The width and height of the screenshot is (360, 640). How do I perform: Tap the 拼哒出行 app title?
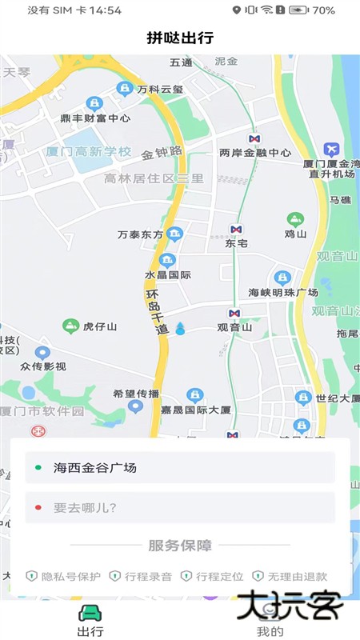[x=180, y=38]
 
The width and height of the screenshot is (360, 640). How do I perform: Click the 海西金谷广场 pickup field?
[x=180, y=467]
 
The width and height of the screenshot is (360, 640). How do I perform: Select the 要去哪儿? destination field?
[x=180, y=507]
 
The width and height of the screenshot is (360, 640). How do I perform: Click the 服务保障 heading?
[x=180, y=546]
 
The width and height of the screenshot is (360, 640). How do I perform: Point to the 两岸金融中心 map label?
[x=254, y=153]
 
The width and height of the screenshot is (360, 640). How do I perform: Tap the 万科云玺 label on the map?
[x=160, y=90]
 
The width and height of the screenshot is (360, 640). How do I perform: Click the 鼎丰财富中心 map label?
[x=95, y=118]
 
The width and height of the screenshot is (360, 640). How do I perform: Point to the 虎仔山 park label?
[x=100, y=326]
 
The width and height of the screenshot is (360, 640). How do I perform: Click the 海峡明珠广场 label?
[x=283, y=292]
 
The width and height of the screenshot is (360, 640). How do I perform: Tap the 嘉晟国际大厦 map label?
[x=195, y=410]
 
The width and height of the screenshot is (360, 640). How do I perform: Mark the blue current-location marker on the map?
[x=180, y=328]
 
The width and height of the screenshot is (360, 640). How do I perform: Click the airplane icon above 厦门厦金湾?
[x=331, y=149]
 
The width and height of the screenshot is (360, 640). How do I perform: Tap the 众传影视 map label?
[x=43, y=366]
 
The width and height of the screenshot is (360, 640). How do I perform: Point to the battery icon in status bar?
[x=299, y=10]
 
